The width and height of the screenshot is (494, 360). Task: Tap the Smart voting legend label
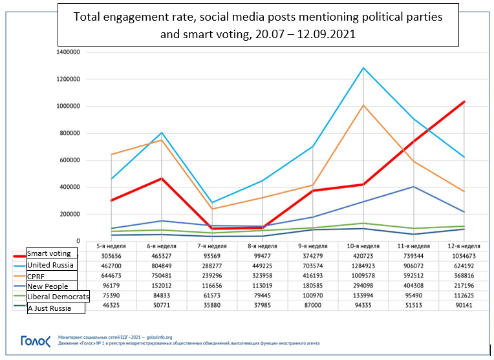(51, 253)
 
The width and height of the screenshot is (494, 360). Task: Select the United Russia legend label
(51, 264)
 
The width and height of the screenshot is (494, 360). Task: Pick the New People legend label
(48, 286)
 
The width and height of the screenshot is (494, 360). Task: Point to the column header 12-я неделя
(464, 246)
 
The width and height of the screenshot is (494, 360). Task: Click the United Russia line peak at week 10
(364, 68)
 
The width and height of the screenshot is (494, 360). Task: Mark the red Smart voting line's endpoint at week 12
(464, 101)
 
